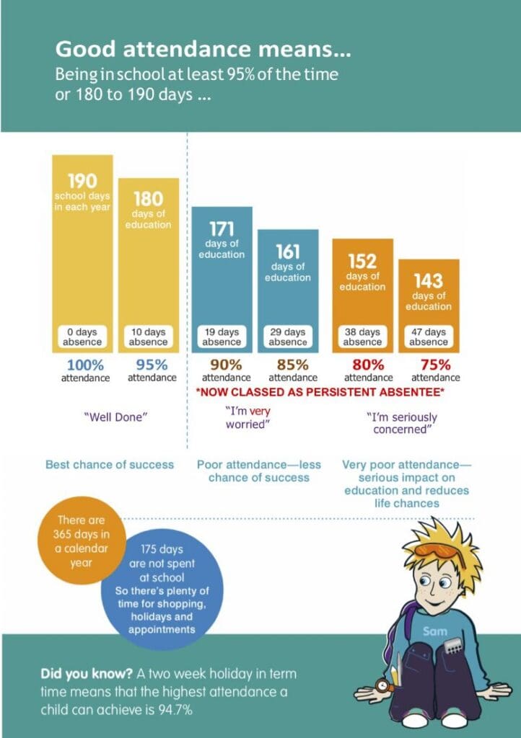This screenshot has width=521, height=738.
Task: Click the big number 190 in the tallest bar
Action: coord(82,182)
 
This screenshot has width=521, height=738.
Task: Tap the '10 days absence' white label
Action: coord(149,337)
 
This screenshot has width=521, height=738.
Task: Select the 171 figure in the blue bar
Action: coord(222,229)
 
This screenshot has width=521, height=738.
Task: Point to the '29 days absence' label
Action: coord(288,337)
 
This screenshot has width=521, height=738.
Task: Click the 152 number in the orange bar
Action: coord(362,261)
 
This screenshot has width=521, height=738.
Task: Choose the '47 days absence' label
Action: coord(429,337)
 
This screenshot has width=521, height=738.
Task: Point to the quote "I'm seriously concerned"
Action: coord(402,423)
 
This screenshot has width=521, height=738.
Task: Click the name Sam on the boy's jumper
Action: coord(434,631)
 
